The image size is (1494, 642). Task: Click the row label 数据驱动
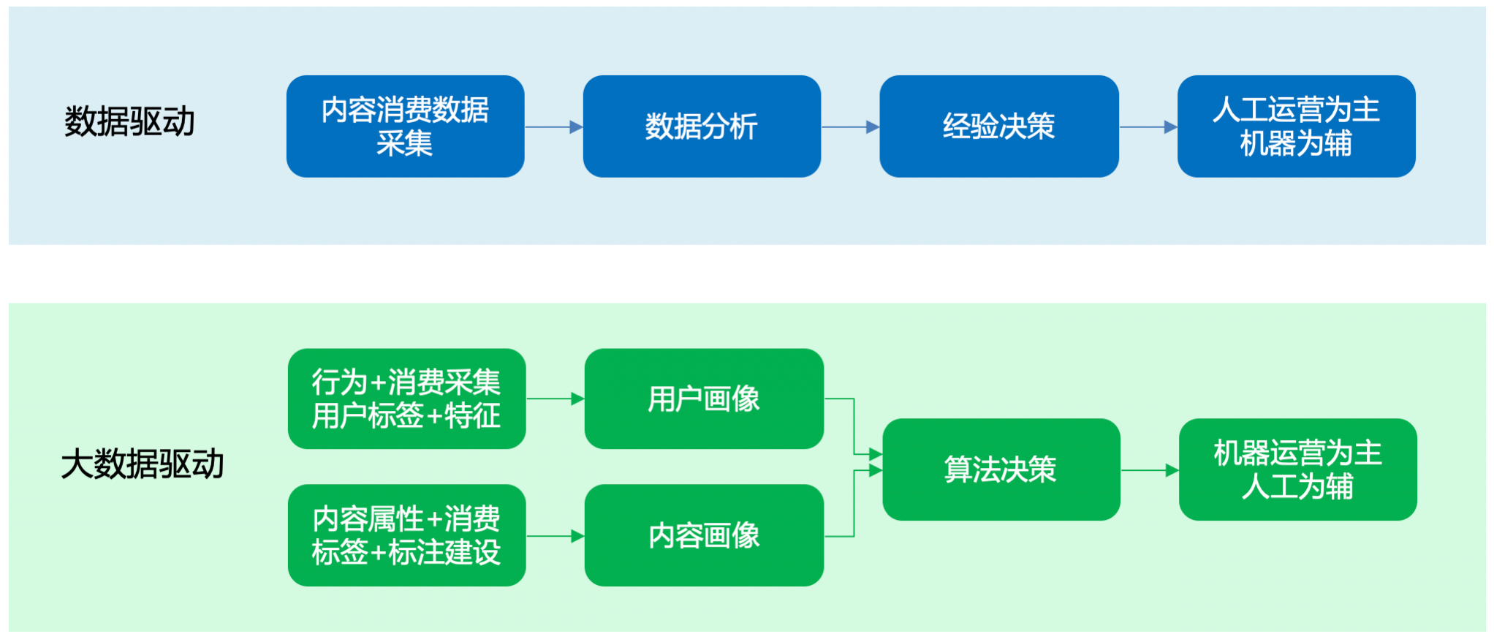pos(129,121)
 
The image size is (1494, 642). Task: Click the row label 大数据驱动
pos(143,464)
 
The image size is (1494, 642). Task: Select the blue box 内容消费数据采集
pos(405,126)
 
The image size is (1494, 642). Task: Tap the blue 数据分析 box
pos(702,126)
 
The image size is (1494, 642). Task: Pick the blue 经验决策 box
pos(999,126)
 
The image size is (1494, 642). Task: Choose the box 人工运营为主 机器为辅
pos(1297,126)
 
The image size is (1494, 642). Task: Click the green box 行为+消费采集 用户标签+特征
pos(406,399)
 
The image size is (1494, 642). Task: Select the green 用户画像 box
pos(704,399)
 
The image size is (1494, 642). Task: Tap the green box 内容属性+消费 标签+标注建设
pos(406,535)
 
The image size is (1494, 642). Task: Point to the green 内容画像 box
pos(704,535)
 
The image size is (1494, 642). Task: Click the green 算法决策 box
pos(1001,469)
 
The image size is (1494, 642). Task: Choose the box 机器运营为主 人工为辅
pos(1298,469)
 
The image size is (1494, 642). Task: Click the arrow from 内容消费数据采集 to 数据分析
pos(554,127)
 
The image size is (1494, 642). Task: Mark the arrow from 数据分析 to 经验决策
pos(851,127)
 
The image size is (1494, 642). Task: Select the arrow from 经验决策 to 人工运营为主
pos(1148,127)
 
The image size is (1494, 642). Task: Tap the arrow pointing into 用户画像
pos(555,399)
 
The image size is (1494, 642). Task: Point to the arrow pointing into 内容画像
pos(555,537)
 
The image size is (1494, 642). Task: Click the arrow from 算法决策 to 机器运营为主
pos(1150,470)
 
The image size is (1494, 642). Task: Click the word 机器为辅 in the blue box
pos(1296,143)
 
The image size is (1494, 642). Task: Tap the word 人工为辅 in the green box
pos(1297,486)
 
